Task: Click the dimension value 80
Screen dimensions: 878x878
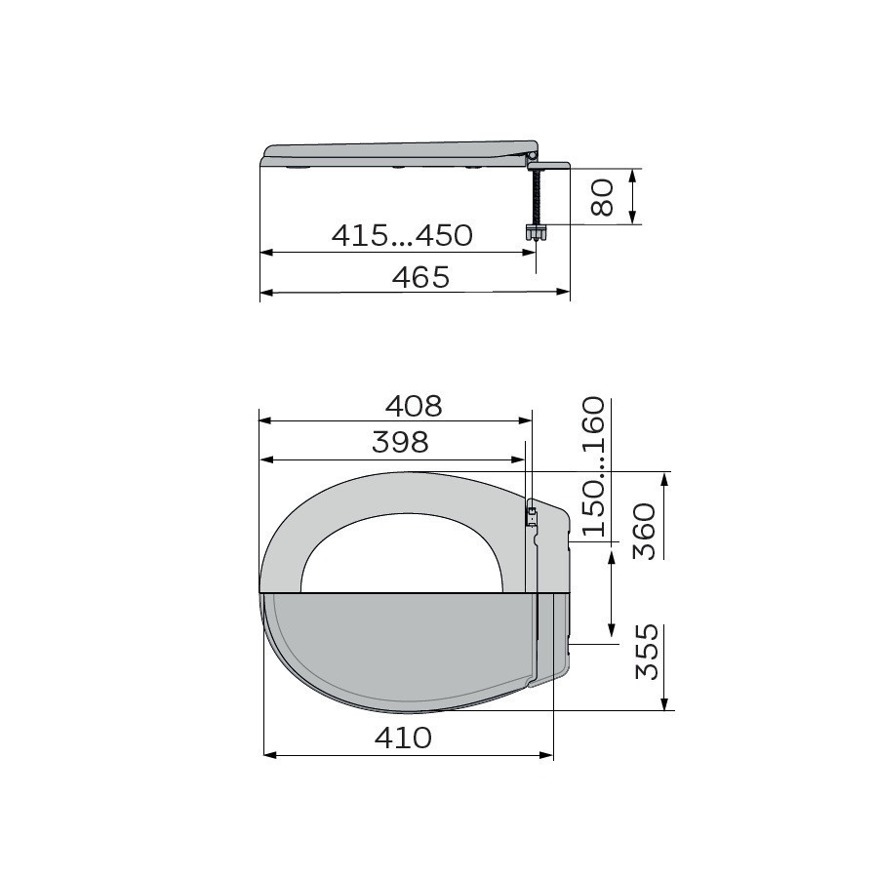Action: pyautogui.click(x=603, y=197)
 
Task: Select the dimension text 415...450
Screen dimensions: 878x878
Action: pyautogui.click(x=402, y=235)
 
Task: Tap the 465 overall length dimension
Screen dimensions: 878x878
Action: pyautogui.click(x=420, y=277)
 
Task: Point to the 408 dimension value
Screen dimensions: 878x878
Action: pyautogui.click(x=414, y=406)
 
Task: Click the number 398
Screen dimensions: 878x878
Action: pyautogui.click(x=400, y=442)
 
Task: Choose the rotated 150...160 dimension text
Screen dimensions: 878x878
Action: pyautogui.click(x=594, y=466)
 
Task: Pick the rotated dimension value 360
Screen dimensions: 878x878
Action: pyautogui.click(x=644, y=532)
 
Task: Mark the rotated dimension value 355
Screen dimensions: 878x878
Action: pyautogui.click(x=648, y=652)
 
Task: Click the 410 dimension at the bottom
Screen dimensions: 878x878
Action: pyautogui.click(x=403, y=738)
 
